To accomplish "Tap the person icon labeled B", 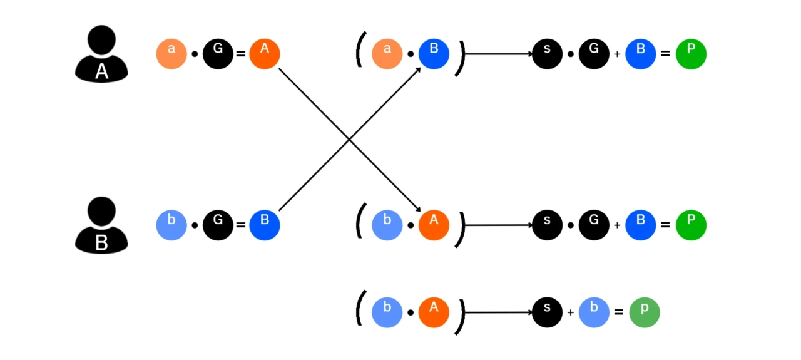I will pyautogui.click(x=101, y=225).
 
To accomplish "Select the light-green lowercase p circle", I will pyautogui.click(x=645, y=312).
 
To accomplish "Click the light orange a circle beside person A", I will pyautogui.click(x=171, y=54).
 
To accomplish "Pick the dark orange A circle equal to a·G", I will pyautogui.click(x=265, y=54).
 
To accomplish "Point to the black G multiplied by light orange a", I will pyautogui.click(x=218, y=54).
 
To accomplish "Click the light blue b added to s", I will pyautogui.click(x=594, y=312).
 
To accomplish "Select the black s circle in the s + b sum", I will pyautogui.click(x=548, y=312).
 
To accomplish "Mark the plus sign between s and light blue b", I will pyautogui.click(x=571, y=312).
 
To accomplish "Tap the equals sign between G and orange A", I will pyautogui.click(x=241, y=54).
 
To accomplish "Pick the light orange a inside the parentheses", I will pyautogui.click(x=387, y=54).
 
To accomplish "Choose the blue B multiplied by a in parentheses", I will pyautogui.click(x=434, y=54).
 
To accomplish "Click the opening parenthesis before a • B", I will pyautogui.click(x=360, y=51).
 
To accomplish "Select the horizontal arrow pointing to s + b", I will pyautogui.click(x=497, y=312).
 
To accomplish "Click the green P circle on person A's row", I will pyautogui.click(x=691, y=54).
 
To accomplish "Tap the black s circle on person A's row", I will pyautogui.click(x=548, y=54).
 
